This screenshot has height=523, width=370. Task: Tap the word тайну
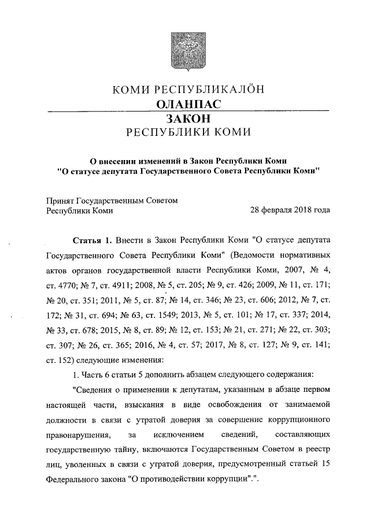130,449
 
